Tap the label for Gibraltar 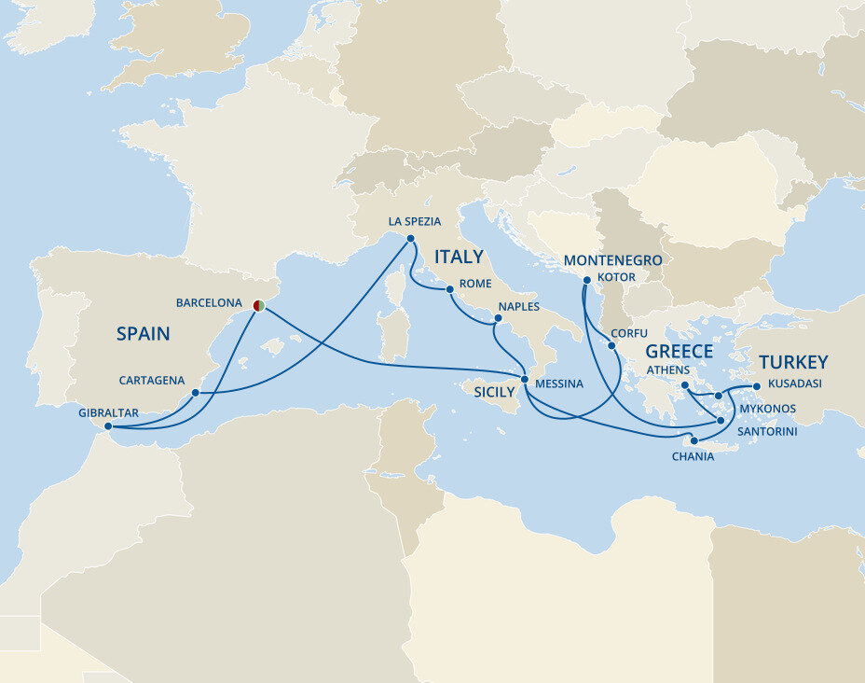point(108,411)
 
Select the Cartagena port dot point(195,393)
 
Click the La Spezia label point(414,221)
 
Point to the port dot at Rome point(449,290)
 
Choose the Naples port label point(518,306)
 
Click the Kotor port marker point(585,280)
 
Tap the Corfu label point(628,332)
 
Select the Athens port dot point(684,385)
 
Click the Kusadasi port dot point(756,386)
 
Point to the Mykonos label point(767,409)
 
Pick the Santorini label point(766,432)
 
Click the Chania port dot point(693,440)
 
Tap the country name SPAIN point(144,333)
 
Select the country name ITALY point(459,257)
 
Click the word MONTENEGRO point(612,260)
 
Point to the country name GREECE point(679,352)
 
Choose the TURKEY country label point(793,363)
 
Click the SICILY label point(494,392)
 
